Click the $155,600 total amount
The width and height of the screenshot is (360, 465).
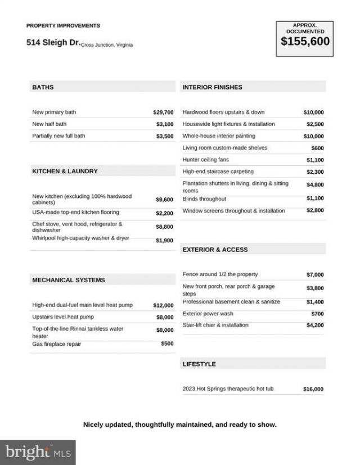305,42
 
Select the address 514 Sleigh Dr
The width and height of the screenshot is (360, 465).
53,42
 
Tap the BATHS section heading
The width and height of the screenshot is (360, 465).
43,87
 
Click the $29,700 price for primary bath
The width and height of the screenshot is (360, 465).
163,112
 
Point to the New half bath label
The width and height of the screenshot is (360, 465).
49,124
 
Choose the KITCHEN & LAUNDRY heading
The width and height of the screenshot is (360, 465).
65,171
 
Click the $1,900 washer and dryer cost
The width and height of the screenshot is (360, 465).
164,241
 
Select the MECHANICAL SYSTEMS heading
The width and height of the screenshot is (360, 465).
69,280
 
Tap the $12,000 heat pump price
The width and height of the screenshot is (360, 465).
163,305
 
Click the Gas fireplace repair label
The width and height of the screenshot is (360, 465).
57,344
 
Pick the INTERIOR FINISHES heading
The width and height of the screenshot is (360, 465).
213,87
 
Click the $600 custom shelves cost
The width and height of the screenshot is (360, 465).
317,148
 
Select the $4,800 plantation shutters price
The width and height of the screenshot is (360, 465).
315,184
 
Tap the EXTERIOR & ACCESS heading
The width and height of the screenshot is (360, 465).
215,250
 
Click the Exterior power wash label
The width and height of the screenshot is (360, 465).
208,314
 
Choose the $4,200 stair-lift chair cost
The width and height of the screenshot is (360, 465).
315,326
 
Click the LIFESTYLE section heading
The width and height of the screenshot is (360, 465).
199,364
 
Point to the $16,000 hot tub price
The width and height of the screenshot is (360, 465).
313,389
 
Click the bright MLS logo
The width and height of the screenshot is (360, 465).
38,452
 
